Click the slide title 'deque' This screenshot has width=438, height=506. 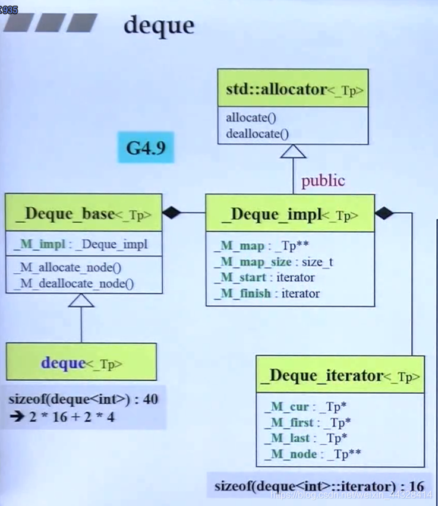(159, 25)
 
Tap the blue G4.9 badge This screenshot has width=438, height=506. (146, 147)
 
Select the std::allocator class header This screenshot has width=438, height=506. (292, 89)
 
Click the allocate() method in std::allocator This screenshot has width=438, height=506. (251, 118)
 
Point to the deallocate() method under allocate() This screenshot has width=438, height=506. (257, 133)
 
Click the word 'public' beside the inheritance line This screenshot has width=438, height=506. (323, 181)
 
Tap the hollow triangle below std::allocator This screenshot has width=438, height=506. (293, 151)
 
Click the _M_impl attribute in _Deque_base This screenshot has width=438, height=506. (80, 244)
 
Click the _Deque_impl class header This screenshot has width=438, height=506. (290, 214)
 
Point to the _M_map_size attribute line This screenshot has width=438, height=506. (273, 261)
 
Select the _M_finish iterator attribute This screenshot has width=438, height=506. (267, 293)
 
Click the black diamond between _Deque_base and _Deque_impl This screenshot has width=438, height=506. (172, 213)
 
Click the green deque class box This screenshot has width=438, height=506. (81, 362)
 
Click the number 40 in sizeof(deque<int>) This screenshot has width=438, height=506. (150, 399)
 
